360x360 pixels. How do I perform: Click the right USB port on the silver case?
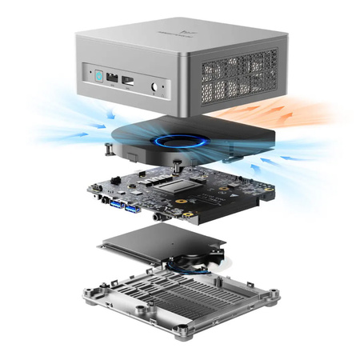click(127, 82)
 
